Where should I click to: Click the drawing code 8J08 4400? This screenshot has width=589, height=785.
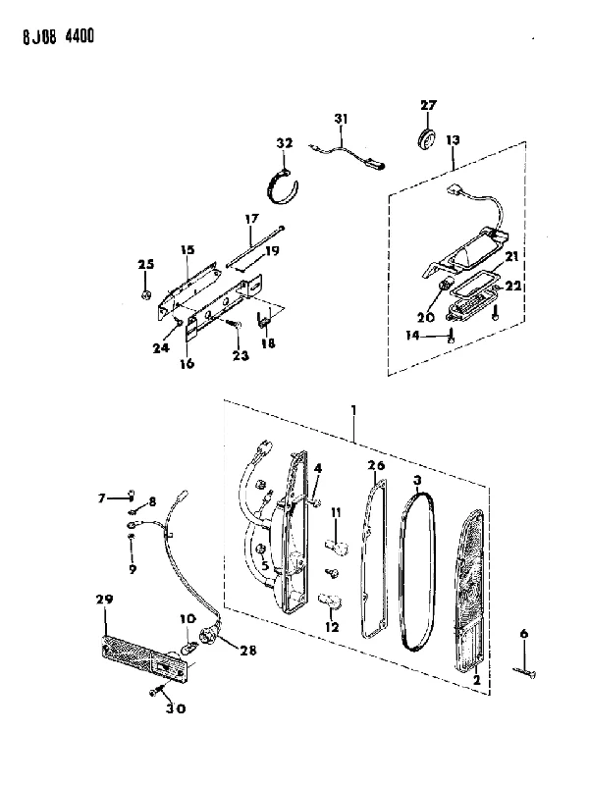pos(58,37)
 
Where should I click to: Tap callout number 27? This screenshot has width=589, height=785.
pos(428,105)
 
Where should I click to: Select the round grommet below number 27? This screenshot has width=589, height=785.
pos(427,137)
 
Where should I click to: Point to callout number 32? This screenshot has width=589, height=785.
pos(284,143)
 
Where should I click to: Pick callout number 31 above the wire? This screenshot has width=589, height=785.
pos(341,119)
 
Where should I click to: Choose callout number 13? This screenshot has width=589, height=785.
pos(453,139)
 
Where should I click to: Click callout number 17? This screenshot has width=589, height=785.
pos(252,218)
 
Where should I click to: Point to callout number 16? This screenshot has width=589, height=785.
pos(187,363)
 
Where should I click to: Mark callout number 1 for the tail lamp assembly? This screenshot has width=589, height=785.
pos(353,411)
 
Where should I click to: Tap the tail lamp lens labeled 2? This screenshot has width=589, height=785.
pos(469,591)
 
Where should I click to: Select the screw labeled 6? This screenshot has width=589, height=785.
pos(525,672)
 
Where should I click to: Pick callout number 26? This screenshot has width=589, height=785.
pos(376,465)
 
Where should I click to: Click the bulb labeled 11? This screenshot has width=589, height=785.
pos(336,547)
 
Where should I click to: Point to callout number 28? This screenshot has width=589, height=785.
pos(248,651)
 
